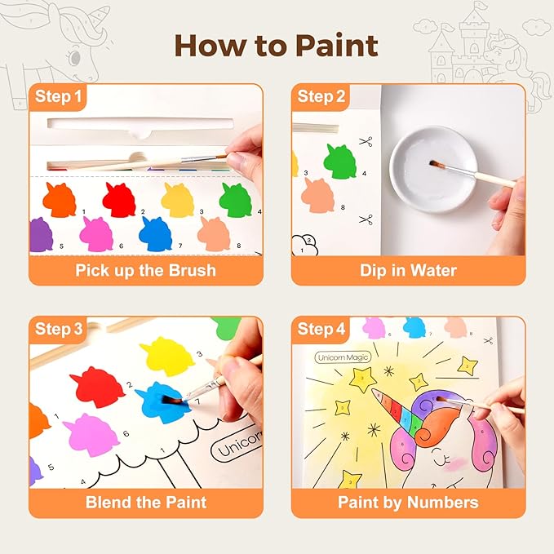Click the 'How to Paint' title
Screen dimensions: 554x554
coord(277,45)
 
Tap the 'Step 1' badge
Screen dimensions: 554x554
coord(58,97)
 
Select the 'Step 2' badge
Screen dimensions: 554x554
coord(321,97)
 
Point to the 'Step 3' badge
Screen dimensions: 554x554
coord(58,330)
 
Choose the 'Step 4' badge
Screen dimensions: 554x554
coord(321,330)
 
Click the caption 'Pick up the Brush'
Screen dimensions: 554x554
coord(146,270)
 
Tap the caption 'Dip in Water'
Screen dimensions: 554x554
coord(408,270)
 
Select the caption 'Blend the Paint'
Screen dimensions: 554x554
coord(146,502)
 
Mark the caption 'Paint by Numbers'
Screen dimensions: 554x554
coord(408,502)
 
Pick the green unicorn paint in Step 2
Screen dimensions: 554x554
coord(339,161)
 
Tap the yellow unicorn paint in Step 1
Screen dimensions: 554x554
coord(178,199)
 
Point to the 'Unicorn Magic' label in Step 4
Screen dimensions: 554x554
coord(342,357)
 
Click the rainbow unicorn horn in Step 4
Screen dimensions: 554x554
coord(395,412)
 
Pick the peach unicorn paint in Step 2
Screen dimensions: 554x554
coord(319,196)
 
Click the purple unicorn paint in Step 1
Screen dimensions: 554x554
coord(41,235)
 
